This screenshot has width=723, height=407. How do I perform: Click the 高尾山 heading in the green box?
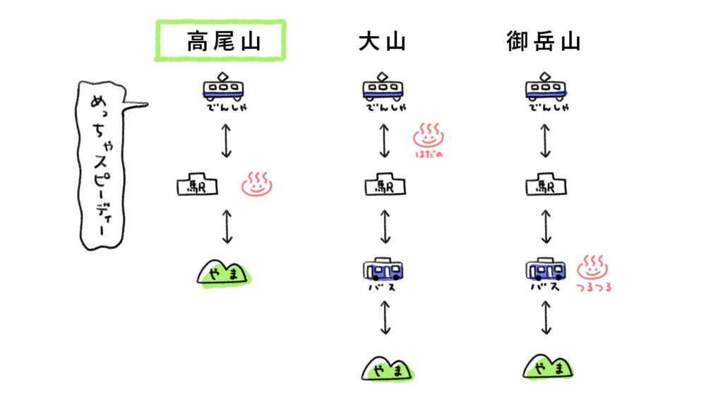tap(220, 40)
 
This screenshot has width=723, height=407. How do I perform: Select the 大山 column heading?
tap(382, 42)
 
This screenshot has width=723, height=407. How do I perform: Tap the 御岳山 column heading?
tap(543, 42)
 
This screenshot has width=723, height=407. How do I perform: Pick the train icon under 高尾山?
tap(224, 88)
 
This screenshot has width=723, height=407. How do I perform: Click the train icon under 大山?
tap(384, 88)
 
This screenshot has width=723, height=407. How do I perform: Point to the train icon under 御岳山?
tap(546, 88)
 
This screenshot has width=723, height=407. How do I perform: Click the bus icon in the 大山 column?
tap(385, 270)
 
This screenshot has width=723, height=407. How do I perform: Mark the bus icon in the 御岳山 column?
tap(546, 269)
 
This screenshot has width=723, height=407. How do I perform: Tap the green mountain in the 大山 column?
tap(388, 368)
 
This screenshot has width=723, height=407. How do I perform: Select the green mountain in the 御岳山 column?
tap(548, 367)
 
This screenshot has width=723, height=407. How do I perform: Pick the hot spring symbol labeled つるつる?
tap(593, 268)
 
